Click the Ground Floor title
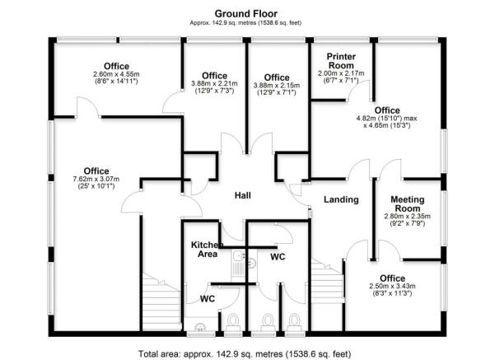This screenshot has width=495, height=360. click(246, 14)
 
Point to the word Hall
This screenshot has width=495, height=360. click(242, 196)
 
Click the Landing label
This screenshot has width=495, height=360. click(340, 200)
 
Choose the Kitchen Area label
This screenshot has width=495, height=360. click(204, 250)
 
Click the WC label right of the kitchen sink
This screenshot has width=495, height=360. click(278, 258)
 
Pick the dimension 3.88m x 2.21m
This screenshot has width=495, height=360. click(214, 83)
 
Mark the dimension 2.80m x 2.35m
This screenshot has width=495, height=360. click(408, 217)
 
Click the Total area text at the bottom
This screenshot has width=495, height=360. click(246, 353)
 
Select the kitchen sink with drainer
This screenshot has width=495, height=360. click(236, 264)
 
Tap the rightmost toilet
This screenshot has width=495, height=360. click(294, 321)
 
